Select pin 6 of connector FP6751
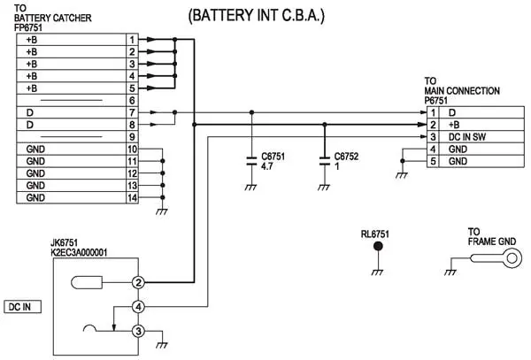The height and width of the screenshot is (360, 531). point(131,101)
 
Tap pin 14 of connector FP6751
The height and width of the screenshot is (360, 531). point(131,197)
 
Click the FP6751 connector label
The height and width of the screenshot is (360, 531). point(32,28)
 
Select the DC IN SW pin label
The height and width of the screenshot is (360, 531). point(470,137)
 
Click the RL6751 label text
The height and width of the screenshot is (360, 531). point(375,234)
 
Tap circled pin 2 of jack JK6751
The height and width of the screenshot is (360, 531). point(138,282)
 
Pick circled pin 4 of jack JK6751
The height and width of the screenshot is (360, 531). point(138,307)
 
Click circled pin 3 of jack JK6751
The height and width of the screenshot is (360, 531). point(138,332)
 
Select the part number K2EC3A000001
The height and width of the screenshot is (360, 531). point(79,253)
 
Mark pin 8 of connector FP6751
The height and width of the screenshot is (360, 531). point(131,125)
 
